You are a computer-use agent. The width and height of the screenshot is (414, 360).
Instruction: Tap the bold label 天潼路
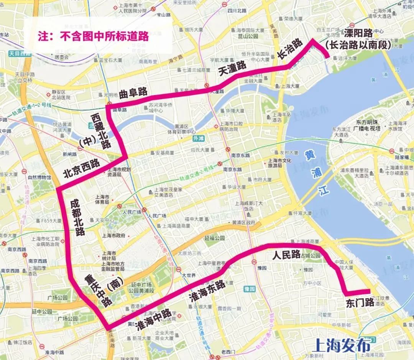(232, 70)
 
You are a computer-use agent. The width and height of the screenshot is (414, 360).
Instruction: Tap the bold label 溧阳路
(358, 33)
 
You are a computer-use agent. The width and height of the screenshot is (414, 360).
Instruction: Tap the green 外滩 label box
(199, 139)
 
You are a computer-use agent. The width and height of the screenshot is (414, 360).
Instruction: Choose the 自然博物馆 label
(39, 178)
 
